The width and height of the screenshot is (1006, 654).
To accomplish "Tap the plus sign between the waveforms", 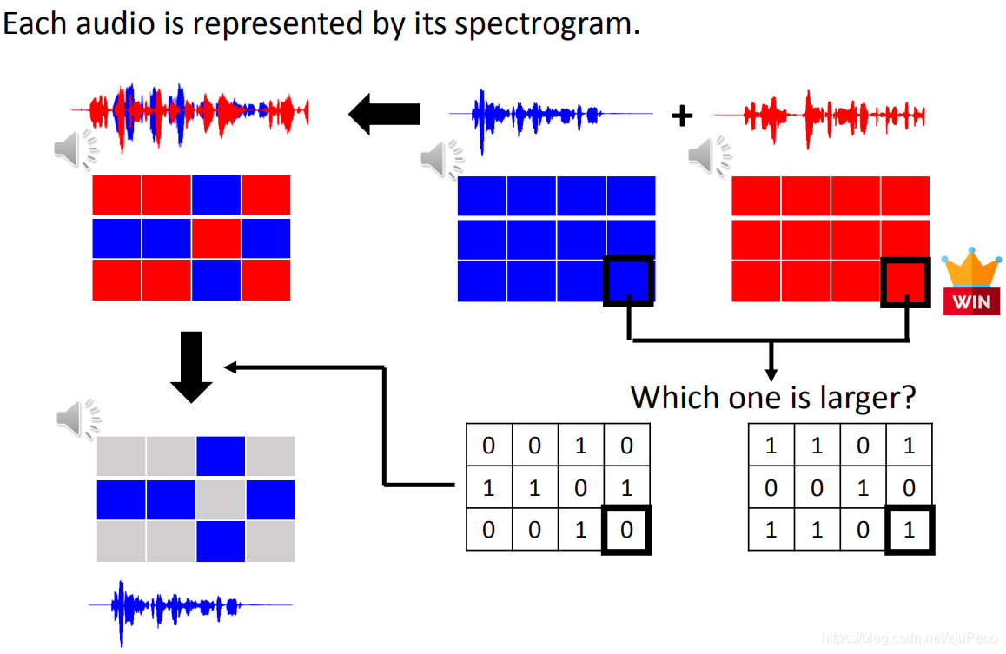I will (x=682, y=115).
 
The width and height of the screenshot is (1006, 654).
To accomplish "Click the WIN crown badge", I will (x=972, y=283).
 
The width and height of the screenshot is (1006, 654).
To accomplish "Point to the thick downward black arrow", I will (x=191, y=366).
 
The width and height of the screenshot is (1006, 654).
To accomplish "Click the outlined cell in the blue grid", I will (x=628, y=281).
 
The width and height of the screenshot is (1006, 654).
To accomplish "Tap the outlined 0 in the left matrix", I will (x=626, y=529).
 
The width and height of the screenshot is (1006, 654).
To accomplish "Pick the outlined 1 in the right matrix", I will (x=909, y=529).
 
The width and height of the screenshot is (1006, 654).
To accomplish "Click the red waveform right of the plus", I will (x=818, y=115).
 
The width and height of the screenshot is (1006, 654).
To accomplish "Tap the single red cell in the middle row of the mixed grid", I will (x=216, y=238).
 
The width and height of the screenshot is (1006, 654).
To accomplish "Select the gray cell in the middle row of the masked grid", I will (x=221, y=499).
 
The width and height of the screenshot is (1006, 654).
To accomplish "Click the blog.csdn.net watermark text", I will (x=912, y=638).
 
